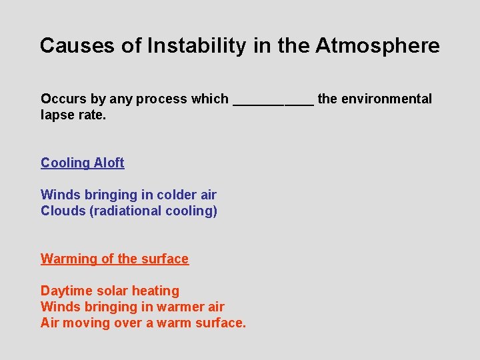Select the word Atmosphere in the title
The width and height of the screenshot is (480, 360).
tap(377, 45)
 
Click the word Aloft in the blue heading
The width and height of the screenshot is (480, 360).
tap(109, 163)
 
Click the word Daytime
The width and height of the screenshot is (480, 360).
tap(67, 291)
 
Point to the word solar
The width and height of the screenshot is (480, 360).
tap(114, 291)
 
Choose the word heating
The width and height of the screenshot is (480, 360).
tap(157, 291)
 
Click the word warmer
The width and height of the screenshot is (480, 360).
tap(180, 307)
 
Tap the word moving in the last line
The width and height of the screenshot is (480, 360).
tap(85, 323)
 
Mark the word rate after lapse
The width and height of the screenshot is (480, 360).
tap(92, 115)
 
